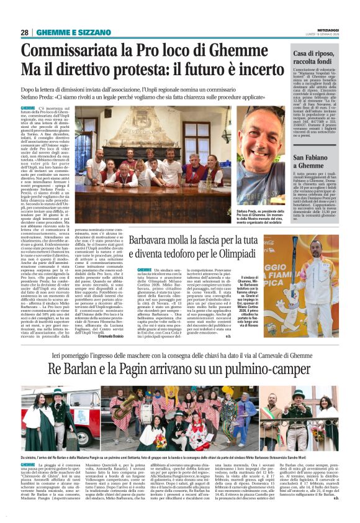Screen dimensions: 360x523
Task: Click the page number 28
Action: pos(24,32)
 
